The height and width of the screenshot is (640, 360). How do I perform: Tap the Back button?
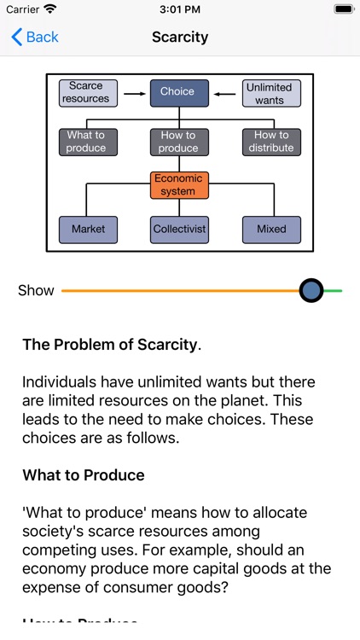35,37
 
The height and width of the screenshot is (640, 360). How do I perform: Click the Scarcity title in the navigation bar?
180,37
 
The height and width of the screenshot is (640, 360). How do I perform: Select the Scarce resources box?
86,92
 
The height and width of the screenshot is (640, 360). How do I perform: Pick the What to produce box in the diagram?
86,142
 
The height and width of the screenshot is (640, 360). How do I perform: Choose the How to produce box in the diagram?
178,142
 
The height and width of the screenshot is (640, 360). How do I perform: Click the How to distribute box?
272,142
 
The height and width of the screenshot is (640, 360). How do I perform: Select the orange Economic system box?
178,185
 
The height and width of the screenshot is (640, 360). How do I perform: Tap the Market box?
88,230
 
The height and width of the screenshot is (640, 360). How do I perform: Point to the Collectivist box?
179,230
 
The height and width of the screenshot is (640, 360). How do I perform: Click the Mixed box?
271,230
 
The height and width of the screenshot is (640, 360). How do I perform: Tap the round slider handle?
312,290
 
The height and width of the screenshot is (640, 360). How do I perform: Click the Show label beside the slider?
36,290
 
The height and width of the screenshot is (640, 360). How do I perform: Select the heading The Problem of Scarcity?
111,345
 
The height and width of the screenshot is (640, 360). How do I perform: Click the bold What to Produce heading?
84,475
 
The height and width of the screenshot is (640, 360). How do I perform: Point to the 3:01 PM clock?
180,9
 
